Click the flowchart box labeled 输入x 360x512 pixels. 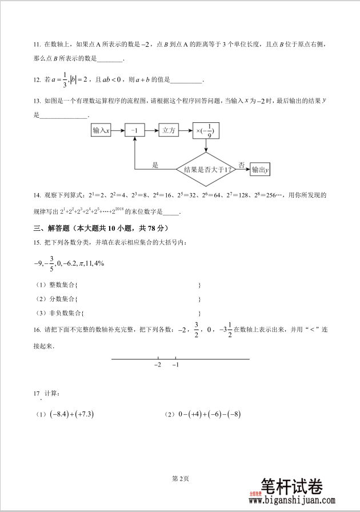(x=101, y=131)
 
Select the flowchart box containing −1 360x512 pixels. (x=134, y=131)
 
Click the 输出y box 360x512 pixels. (x=260, y=170)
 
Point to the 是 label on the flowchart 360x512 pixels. (x=155, y=165)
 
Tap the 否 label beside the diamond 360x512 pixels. (x=241, y=165)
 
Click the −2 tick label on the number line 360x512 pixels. (x=158, y=365)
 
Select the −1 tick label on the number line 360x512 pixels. (x=174, y=365)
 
